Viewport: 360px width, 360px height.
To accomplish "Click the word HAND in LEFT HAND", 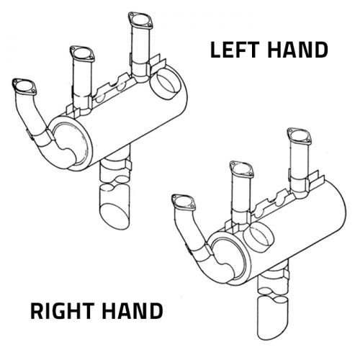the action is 297,50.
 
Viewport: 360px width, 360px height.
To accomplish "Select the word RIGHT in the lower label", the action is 61,311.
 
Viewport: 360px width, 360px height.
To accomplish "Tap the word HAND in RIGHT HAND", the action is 132,311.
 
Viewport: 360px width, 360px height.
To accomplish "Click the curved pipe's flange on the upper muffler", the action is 24,86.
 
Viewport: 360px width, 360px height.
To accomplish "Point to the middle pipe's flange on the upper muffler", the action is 82,54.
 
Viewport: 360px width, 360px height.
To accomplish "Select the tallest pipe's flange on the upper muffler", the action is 140,20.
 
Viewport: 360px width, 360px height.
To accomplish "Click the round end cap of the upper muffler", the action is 70,143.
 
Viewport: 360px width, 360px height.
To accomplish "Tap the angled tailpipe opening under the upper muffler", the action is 114,216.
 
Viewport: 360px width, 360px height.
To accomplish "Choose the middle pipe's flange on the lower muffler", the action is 242,169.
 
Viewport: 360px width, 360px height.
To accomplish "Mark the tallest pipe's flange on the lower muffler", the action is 300,136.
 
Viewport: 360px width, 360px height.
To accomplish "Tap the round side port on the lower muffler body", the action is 258,236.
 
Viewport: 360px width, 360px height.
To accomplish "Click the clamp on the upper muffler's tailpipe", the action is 115,165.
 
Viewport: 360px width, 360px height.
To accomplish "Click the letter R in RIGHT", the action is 37,311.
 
